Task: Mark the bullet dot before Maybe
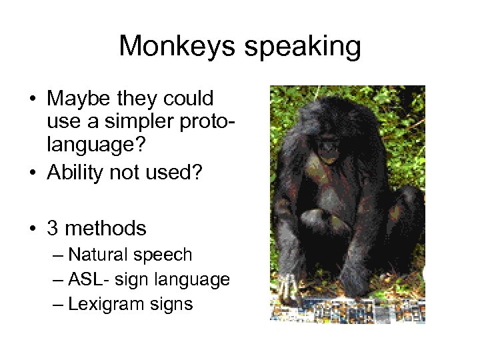click(x=31, y=100)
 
